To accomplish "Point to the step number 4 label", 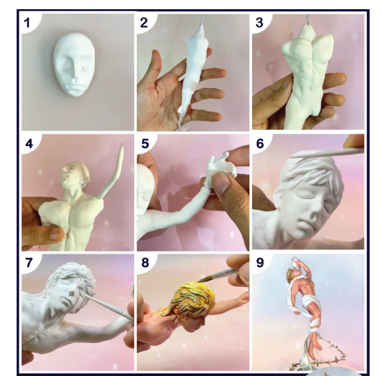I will tap(28, 144).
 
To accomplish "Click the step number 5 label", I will tap(144, 144).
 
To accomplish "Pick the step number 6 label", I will tap(260, 144).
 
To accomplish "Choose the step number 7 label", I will tap(28, 263).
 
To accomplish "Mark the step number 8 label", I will tap(144, 263).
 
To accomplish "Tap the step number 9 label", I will tap(260, 263).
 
